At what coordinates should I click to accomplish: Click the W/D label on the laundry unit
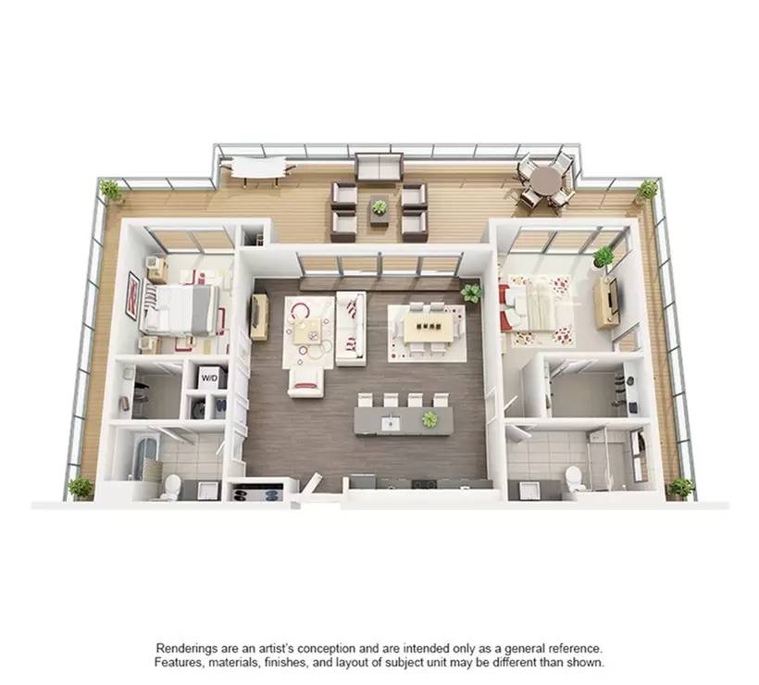[209, 377]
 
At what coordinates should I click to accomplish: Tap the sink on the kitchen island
[390, 424]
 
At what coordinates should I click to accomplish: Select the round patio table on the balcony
[547, 181]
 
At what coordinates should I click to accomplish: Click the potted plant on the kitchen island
[429, 419]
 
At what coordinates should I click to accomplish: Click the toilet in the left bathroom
[171, 487]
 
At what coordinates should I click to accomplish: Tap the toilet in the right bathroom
[574, 478]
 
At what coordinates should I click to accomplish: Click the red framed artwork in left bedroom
[133, 295]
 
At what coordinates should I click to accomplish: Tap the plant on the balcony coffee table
[379, 207]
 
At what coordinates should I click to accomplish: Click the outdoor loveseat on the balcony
[379, 168]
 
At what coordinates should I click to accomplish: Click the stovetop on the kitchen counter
[424, 483]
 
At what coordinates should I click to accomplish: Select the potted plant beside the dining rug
[471, 292]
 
